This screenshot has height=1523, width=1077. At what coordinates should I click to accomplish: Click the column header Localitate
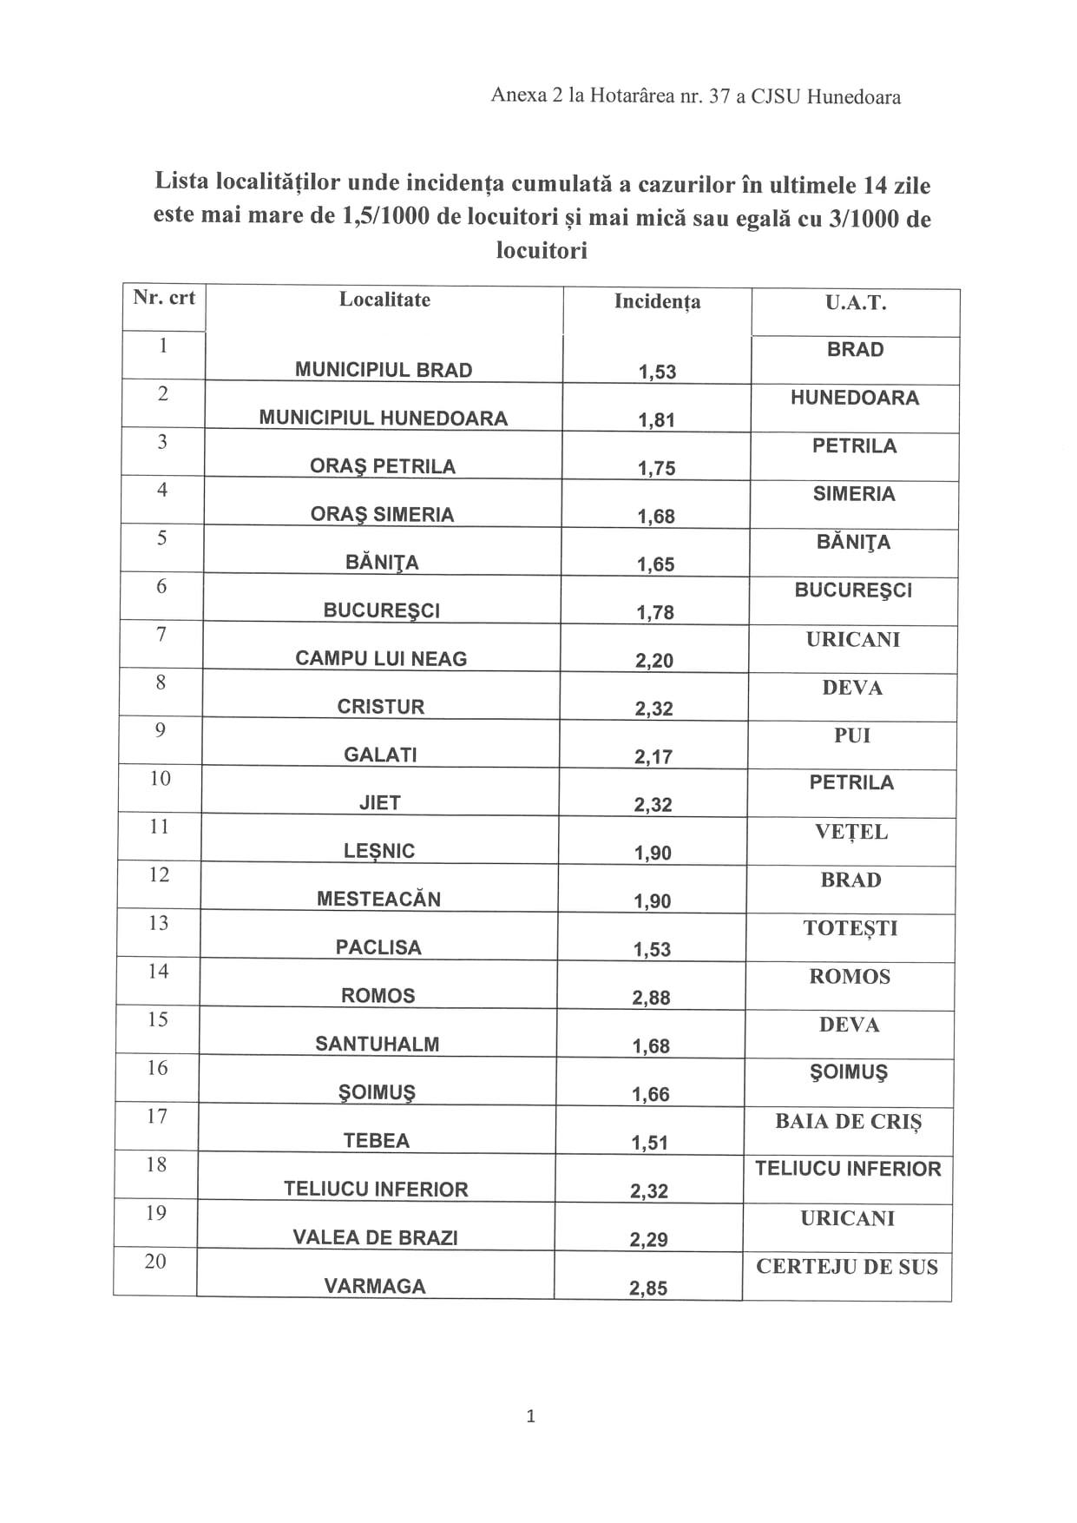pyautogui.click(x=384, y=300)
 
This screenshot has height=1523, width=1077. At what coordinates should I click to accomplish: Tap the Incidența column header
pyautogui.click(x=657, y=301)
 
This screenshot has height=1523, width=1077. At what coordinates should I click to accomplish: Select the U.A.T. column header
pyautogui.click(x=855, y=303)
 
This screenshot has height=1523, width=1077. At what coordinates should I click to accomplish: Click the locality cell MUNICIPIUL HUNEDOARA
pyautogui.click(x=383, y=418)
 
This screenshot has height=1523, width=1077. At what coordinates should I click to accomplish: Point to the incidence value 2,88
pyautogui.click(x=651, y=998)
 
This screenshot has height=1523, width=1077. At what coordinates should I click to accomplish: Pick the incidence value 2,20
pyautogui.click(x=654, y=661)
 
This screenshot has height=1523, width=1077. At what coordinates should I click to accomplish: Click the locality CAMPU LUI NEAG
pyautogui.click(x=381, y=658)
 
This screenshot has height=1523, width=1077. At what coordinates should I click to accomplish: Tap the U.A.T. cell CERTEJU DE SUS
pyautogui.click(x=847, y=1267)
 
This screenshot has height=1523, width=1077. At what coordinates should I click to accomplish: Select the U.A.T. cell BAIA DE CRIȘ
pyautogui.click(x=848, y=1121)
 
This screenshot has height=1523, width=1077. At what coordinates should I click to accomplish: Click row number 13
pyautogui.click(x=158, y=923)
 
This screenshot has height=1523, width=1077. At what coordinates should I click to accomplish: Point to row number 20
pyautogui.click(x=155, y=1261)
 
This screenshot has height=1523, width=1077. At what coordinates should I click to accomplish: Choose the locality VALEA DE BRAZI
pyautogui.click(x=375, y=1237)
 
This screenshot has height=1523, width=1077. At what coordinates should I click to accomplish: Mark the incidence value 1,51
pyautogui.click(x=650, y=1143)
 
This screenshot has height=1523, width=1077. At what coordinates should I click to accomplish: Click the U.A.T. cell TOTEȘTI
pyautogui.click(x=850, y=928)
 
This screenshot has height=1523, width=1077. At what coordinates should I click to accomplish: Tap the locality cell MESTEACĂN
pyautogui.click(x=378, y=899)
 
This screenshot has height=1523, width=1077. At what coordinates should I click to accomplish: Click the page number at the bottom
pyautogui.click(x=531, y=1416)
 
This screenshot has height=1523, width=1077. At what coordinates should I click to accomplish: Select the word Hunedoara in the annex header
pyautogui.click(x=853, y=96)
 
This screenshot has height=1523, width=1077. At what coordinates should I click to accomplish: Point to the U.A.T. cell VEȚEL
pyautogui.click(x=851, y=832)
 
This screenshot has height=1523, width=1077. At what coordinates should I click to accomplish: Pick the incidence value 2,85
pyautogui.click(x=648, y=1289)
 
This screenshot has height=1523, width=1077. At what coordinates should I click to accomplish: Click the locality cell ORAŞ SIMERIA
pyautogui.click(x=382, y=514)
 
